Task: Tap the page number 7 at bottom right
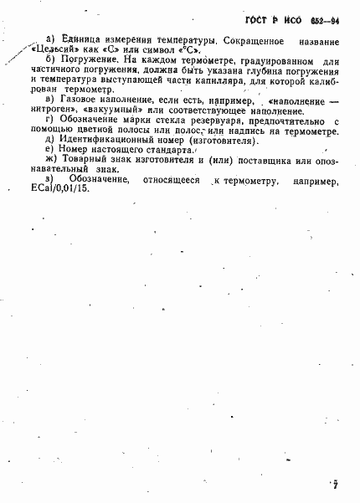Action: point(335,484)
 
